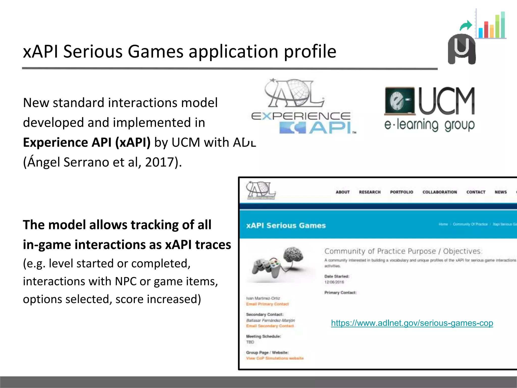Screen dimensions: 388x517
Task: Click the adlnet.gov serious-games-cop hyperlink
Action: (x=412, y=323)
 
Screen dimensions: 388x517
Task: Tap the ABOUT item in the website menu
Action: (x=343, y=192)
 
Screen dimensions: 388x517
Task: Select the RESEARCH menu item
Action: (x=370, y=192)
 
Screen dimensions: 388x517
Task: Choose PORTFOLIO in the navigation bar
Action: (x=401, y=192)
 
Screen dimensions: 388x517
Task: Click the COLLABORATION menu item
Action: (x=440, y=192)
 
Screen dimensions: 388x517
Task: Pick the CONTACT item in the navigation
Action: (x=476, y=192)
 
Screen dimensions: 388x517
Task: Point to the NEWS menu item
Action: (x=501, y=192)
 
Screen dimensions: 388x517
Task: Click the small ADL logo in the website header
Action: (x=261, y=190)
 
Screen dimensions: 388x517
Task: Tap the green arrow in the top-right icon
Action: (x=466, y=25)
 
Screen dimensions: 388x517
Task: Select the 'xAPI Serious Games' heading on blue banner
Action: (x=286, y=225)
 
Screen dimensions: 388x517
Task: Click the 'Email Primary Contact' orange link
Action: (x=267, y=304)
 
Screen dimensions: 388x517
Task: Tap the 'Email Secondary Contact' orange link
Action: (x=270, y=326)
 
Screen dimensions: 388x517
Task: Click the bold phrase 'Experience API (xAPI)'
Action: (x=87, y=142)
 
